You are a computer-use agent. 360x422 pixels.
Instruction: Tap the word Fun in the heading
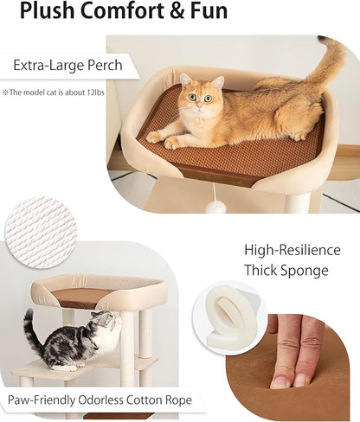point(204,12)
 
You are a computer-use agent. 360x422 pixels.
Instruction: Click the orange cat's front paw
point(156,137)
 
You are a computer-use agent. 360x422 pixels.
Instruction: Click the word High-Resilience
point(292,250)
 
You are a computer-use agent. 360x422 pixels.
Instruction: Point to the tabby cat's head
point(103,326)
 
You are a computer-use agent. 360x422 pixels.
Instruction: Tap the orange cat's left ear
point(185,80)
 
